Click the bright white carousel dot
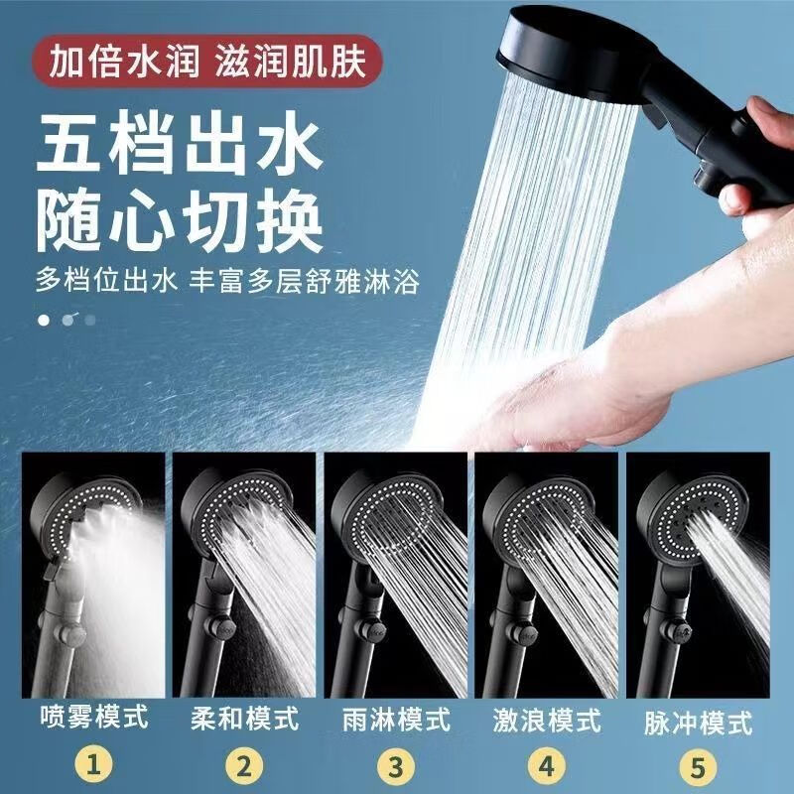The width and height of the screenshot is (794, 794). [44, 320]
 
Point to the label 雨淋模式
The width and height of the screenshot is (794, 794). [395, 717]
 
